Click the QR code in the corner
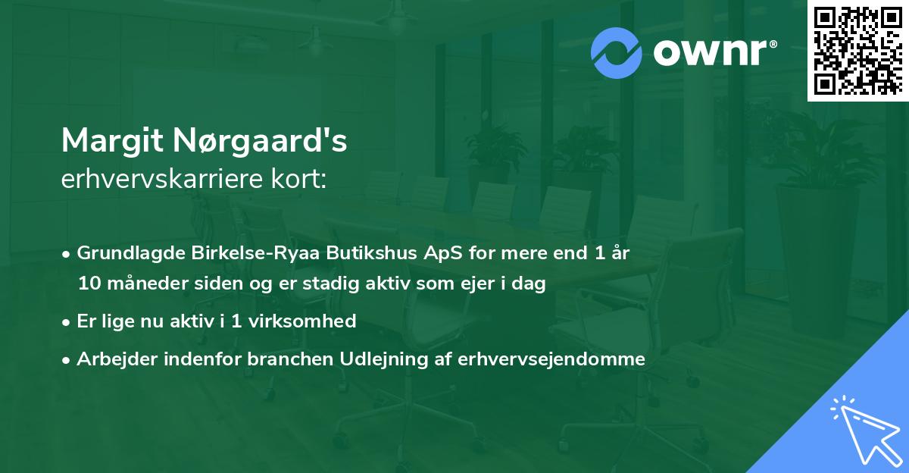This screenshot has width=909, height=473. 857,50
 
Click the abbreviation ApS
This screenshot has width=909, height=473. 390,253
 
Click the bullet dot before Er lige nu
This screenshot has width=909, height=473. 67,321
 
